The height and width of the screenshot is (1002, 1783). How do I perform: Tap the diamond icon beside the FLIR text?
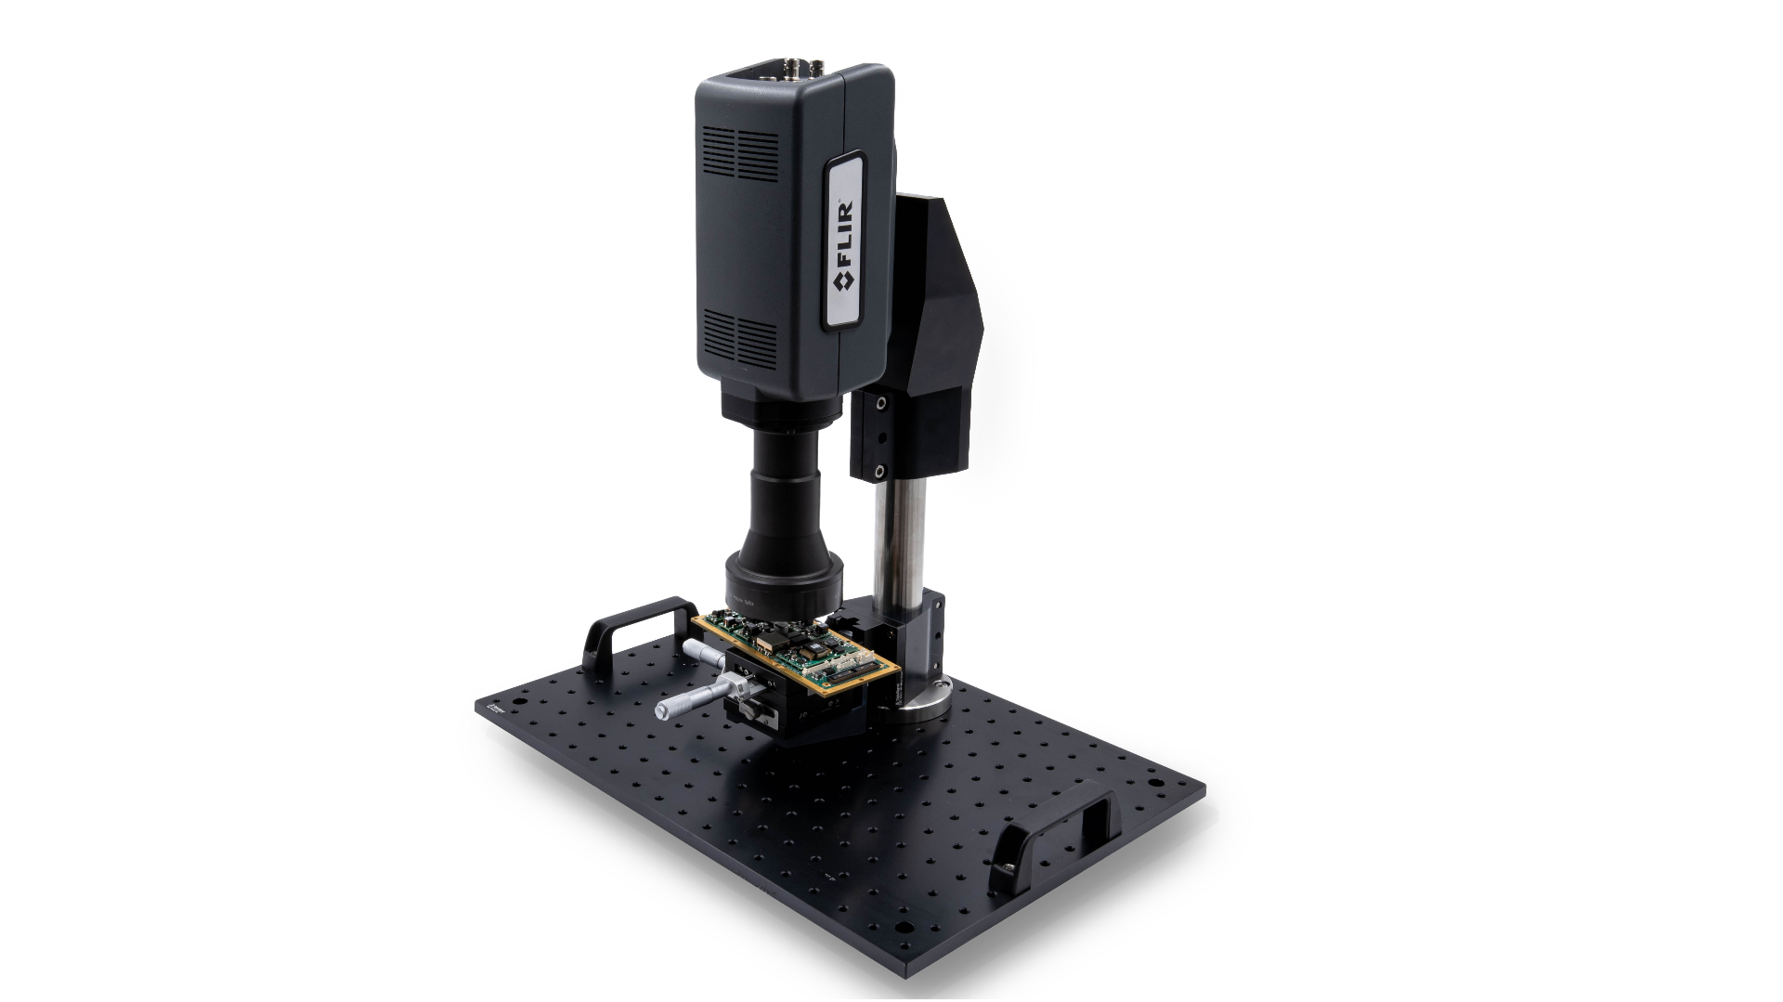tap(844, 280)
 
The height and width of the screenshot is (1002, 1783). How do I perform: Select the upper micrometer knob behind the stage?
tap(704, 653)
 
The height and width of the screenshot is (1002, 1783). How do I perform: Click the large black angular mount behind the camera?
tap(938, 325)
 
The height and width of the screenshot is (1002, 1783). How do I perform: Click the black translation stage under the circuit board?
tap(789, 710)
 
